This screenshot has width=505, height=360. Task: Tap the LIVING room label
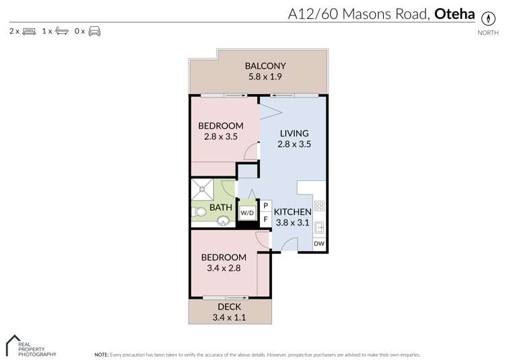294,133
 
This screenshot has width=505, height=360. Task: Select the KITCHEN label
292,212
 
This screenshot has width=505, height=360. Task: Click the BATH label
220,208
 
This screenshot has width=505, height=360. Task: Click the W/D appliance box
248,213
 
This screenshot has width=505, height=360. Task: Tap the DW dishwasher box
319,244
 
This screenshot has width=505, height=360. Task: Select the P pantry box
265,205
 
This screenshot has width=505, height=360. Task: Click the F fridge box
265,219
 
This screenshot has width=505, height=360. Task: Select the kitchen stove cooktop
319,207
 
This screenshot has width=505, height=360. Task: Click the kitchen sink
319,227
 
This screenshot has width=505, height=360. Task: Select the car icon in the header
94,31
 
